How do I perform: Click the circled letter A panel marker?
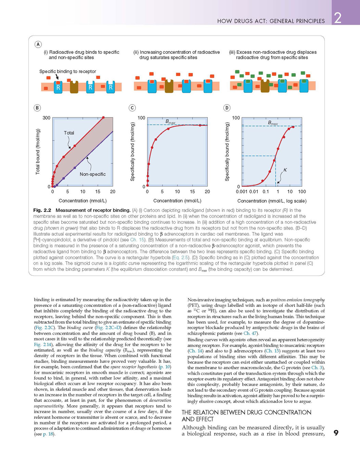[x=38, y=45]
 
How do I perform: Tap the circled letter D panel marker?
[x=227, y=108]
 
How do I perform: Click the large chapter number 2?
[x=338, y=18]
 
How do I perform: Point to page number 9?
[x=336, y=433]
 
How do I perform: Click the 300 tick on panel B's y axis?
[x=47, y=118]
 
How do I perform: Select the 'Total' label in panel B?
[x=69, y=133]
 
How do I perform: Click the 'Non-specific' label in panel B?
[x=93, y=174]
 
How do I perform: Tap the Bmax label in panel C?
[x=170, y=122]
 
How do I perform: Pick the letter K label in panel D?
[x=285, y=170]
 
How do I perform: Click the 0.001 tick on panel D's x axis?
[x=242, y=192]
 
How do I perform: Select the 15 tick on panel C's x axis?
[x=192, y=192]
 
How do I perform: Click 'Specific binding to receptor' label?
[x=68, y=72]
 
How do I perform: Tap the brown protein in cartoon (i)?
[x=74, y=87]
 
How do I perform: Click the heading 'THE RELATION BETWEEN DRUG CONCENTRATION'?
[x=246, y=412]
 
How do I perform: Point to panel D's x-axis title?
[x=272, y=201]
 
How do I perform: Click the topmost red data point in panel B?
[x=103, y=117]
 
